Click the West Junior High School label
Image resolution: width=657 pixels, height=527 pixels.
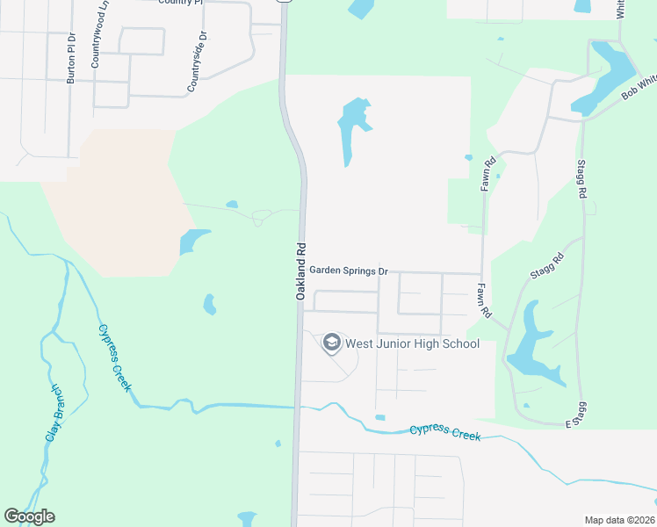tap(412, 343)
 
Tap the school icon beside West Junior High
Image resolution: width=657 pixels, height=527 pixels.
tap(332, 343)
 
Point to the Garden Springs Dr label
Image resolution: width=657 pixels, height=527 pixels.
tap(348, 272)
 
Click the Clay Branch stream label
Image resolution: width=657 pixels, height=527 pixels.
tap(54, 412)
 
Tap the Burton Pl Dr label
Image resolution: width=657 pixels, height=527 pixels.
tap(72, 58)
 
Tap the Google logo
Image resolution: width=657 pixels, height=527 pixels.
tap(29, 516)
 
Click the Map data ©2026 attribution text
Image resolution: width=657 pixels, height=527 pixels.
tap(619, 520)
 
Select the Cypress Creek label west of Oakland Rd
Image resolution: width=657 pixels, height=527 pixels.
tap(115, 357)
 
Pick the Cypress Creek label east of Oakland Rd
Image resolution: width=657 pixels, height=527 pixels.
tap(444, 431)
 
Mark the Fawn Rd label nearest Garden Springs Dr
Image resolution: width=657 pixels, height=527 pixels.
tap(482, 300)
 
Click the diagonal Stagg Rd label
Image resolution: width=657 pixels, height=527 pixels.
tap(546, 267)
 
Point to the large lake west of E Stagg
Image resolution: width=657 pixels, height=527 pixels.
tap(529, 347)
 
